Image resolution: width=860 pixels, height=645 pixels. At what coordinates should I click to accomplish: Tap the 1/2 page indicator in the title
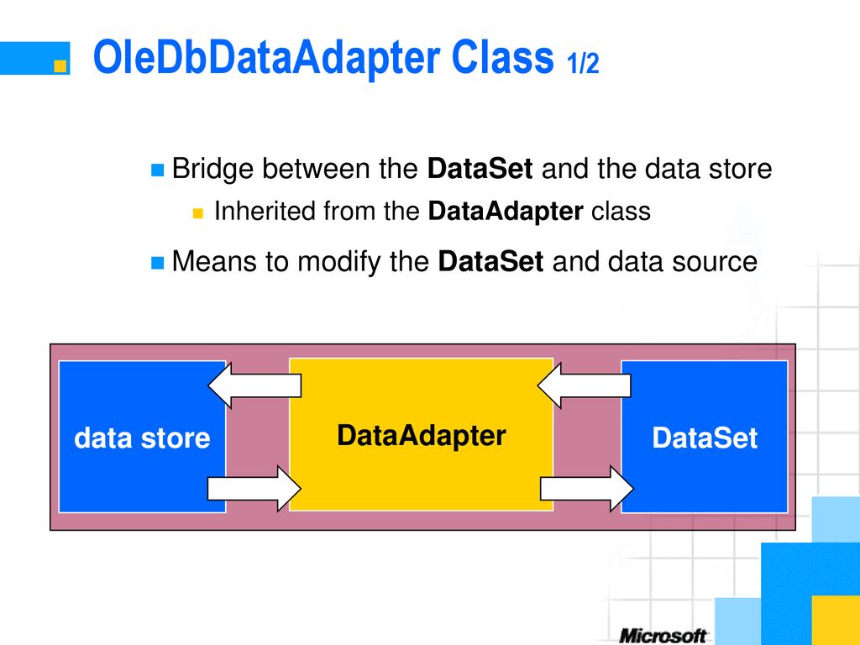583,63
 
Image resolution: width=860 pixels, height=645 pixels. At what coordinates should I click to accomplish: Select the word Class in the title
502,57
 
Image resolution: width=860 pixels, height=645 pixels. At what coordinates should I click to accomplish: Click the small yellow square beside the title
60,66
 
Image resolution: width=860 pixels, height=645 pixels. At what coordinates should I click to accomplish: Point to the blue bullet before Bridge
157,170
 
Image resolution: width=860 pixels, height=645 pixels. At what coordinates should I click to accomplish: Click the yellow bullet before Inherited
198,212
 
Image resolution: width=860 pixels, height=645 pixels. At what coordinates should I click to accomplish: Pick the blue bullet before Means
157,263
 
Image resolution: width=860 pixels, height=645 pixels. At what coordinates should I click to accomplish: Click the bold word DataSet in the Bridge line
480,168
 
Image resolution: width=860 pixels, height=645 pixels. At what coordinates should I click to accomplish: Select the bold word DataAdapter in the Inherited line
505,212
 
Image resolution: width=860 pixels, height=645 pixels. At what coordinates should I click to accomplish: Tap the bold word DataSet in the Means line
490,261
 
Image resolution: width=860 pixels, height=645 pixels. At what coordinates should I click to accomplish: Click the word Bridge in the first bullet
212,169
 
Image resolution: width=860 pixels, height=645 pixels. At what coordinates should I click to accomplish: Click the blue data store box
142,437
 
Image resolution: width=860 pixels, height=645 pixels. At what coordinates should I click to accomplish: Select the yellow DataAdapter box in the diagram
422,434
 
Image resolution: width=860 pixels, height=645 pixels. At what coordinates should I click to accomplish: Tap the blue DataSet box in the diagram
705,437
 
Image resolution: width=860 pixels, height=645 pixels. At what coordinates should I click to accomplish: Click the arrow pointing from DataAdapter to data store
254,385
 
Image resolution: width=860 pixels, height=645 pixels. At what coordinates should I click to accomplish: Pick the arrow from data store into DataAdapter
254,488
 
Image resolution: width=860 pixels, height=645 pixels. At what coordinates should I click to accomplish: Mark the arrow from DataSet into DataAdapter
585,385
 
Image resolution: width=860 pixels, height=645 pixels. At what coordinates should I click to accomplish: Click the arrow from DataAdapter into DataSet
587,488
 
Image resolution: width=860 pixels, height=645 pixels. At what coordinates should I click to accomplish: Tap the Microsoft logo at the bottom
663,637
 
